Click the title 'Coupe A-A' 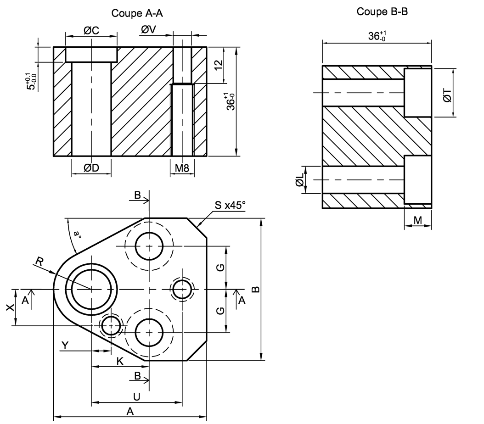pyautogui.click(x=137, y=13)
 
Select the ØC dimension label pyautogui.click(x=91, y=30)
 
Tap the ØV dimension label pyautogui.click(x=149, y=30)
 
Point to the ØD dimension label pyautogui.click(x=91, y=168)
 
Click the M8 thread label pyautogui.click(x=182, y=168)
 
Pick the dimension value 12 pyautogui.click(x=219, y=65)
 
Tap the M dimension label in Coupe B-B pyautogui.click(x=417, y=220)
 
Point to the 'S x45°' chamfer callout pyautogui.click(x=229, y=205)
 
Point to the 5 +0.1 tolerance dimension pyautogui.click(x=30, y=82)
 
